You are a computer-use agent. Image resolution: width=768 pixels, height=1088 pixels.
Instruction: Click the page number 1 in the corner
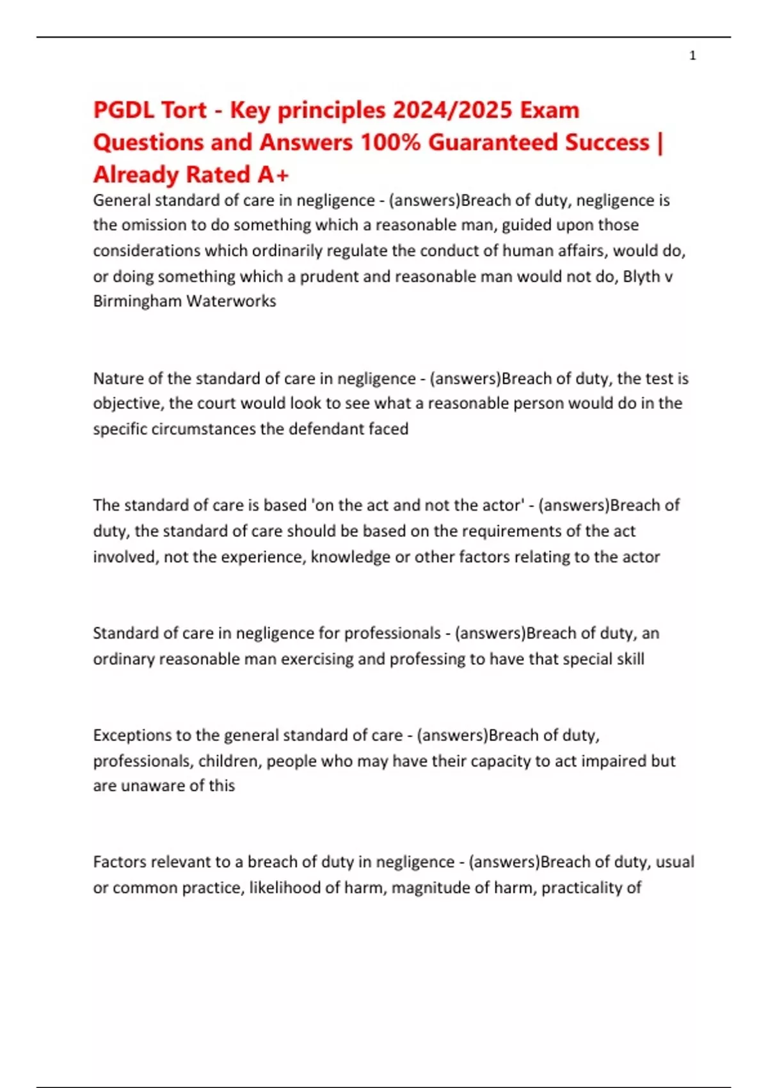(x=692, y=56)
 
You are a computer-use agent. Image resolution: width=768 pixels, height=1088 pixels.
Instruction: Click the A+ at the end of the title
(x=273, y=174)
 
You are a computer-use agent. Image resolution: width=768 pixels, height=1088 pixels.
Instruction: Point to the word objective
(x=126, y=404)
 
